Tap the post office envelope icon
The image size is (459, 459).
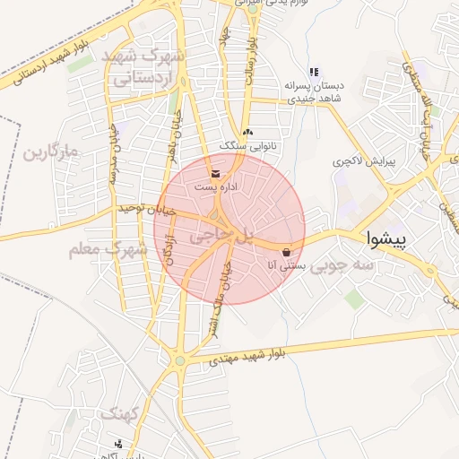[x=214, y=172]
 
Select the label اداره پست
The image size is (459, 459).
[x=219, y=186]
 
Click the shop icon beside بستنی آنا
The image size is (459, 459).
[x=286, y=252]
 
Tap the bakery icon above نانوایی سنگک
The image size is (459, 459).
[x=247, y=132]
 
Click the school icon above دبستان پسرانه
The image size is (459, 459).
[x=313, y=72]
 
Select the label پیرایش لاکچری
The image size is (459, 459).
[x=364, y=163]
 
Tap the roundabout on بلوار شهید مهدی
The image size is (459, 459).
[x=179, y=361]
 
